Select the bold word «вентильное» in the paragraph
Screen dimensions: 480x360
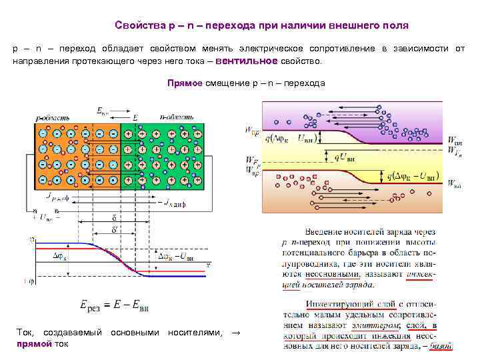click(x=247, y=61)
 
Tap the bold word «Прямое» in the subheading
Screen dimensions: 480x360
click(x=184, y=83)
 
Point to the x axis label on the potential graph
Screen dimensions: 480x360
click(x=209, y=265)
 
